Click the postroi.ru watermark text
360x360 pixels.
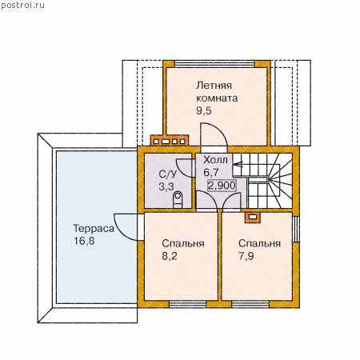pyautogui.click(x=22, y=6)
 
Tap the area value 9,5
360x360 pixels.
pyautogui.click(x=204, y=110)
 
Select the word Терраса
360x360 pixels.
pyautogui.click(x=94, y=229)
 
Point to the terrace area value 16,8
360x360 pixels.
pyautogui.click(x=84, y=241)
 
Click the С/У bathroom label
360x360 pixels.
pyautogui.click(x=168, y=174)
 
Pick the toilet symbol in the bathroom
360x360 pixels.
pyautogui.click(x=178, y=199)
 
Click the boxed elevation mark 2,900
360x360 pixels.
pyautogui.click(x=222, y=186)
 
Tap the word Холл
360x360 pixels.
pyautogui.click(x=215, y=160)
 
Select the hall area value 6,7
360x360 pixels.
pyautogui.click(x=211, y=173)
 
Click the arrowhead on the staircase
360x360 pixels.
pyautogui.click(x=238, y=164)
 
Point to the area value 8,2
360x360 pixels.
pyautogui.click(x=170, y=256)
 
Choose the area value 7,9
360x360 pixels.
pyautogui.click(x=246, y=256)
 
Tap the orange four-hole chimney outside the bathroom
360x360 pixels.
pyautogui.click(x=170, y=141)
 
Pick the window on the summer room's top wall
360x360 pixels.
pyautogui.click(x=215, y=64)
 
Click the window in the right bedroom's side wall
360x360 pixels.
pyautogui.click(x=296, y=229)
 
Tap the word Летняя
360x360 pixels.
pyautogui.click(x=214, y=86)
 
